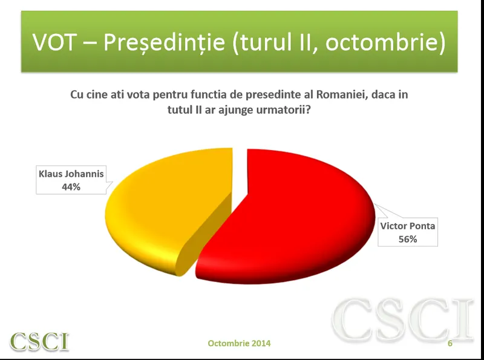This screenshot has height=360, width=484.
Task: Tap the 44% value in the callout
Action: tap(71, 187)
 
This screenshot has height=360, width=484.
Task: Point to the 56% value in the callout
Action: tap(407, 239)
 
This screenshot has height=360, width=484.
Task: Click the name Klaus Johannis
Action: tap(71, 174)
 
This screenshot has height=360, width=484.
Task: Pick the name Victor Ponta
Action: tap(407, 226)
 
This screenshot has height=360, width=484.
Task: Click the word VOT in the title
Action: tap(54, 42)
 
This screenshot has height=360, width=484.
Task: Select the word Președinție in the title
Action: tap(164, 42)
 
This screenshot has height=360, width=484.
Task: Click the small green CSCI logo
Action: tap(39, 341)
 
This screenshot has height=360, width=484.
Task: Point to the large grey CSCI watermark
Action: tap(403, 320)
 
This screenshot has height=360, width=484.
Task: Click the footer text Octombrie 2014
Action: tap(239, 343)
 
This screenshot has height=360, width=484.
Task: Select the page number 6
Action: tap(450, 343)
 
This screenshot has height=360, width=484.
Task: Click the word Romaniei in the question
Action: tap(342, 94)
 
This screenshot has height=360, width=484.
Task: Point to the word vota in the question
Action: tap(139, 95)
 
